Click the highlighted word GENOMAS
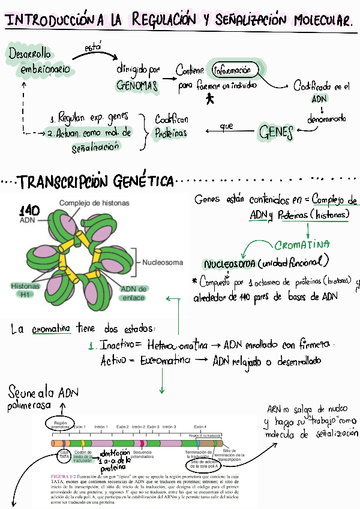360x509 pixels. coord(137,86)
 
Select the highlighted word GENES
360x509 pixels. coord(276,131)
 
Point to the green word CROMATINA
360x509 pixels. coord(302,245)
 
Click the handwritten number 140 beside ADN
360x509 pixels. coord(30,210)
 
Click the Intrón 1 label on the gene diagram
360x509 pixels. coord(101,427)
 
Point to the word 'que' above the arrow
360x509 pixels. coord(226,125)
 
